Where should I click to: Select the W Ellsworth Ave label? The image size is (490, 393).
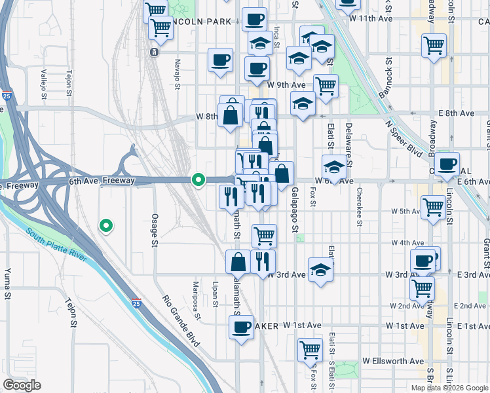[392, 361]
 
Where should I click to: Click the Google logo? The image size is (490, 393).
[22, 385]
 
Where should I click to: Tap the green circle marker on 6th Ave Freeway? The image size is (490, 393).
[198, 179]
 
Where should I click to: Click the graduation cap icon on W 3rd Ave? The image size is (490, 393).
[320, 271]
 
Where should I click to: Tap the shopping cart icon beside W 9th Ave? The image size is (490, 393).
[326, 84]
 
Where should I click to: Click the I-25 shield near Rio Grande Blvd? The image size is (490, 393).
[136, 303]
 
